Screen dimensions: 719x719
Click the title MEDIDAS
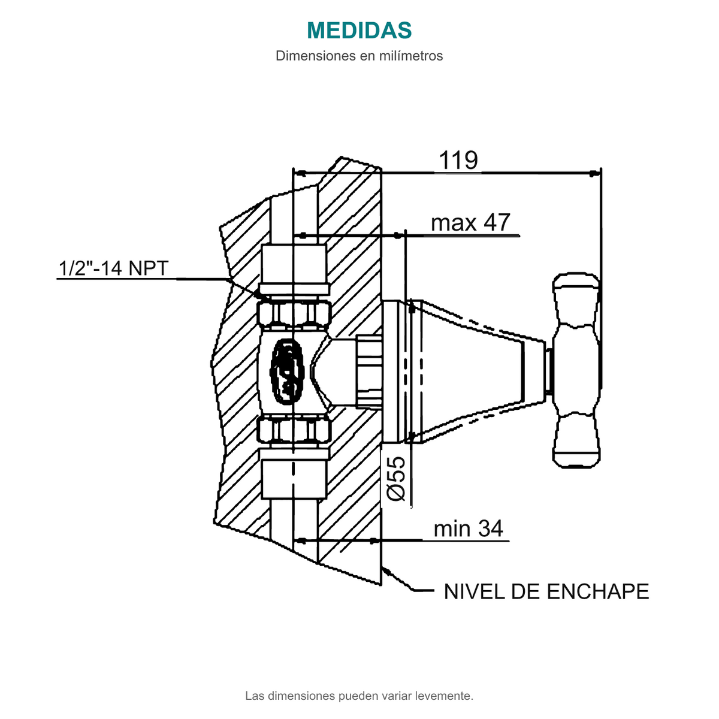359,30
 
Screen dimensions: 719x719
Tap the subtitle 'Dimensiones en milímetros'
359,56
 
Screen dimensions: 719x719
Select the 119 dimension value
458,161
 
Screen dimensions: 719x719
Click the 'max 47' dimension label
470,223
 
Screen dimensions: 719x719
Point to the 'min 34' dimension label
469,528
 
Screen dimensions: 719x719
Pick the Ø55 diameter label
396,479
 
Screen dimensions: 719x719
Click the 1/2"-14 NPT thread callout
113,268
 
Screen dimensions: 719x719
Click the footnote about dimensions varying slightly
359,696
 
